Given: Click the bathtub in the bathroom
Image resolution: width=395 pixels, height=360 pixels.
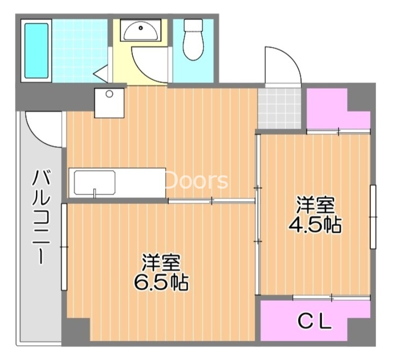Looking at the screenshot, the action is click(x=36, y=51).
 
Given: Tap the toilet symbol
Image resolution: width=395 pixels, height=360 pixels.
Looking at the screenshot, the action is click(x=193, y=40).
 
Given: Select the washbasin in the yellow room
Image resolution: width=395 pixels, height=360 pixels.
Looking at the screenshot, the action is click(x=140, y=30).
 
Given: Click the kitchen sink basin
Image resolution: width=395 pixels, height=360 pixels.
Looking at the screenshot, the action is click(x=95, y=183).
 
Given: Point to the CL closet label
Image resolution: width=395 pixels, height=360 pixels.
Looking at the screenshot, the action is click(x=315, y=322).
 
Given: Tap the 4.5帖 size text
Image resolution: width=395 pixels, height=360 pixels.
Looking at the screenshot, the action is click(x=315, y=225).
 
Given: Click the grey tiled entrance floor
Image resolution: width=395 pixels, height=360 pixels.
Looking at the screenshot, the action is click(x=279, y=108).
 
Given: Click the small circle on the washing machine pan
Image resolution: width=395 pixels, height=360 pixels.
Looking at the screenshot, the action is click(x=109, y=94).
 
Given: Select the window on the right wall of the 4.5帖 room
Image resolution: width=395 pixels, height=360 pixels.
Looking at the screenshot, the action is click(x=373, y=217).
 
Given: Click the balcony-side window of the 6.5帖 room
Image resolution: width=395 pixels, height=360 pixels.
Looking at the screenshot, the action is click(x=64, y=247).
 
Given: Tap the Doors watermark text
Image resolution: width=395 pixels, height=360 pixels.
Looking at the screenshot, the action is click(x=196, y=180).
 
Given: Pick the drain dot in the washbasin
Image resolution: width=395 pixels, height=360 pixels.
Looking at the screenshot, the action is click(x=141, y=28).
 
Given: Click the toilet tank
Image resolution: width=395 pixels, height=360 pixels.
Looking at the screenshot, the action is click(x=193, y=25).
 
